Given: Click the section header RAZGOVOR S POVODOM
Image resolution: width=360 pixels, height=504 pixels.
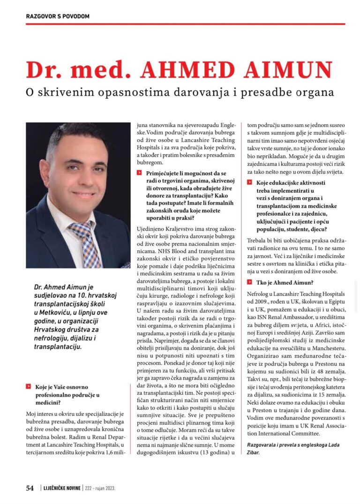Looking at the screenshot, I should (57, 16).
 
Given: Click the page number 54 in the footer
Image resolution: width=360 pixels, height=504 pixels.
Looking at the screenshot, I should (30, 488).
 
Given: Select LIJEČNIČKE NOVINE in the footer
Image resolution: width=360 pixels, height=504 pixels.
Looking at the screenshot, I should (61, 488).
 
